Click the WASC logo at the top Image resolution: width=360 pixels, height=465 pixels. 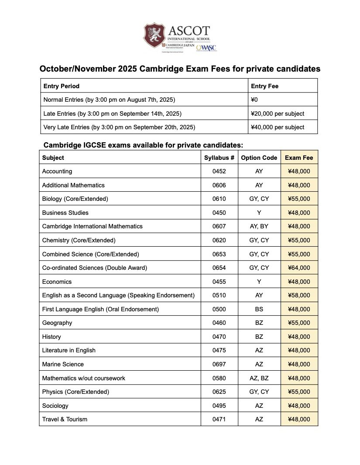206,47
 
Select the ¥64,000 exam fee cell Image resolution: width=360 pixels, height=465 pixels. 299,268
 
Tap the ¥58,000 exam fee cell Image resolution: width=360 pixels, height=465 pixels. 299,295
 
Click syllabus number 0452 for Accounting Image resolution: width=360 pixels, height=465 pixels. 219,171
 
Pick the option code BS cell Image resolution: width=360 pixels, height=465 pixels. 259,309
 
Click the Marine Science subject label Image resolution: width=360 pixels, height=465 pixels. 63,364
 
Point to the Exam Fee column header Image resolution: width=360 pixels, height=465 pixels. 299,158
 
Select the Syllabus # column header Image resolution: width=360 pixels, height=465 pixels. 219,158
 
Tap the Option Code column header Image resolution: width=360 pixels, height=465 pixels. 259,158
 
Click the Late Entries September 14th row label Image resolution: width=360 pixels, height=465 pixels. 113,114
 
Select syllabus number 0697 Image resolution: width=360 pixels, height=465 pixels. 219,364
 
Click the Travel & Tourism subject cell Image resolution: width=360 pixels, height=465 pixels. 65,419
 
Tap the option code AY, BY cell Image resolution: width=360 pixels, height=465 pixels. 259,226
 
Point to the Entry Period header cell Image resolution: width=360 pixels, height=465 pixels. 62,86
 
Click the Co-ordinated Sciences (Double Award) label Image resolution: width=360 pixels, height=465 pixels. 94,268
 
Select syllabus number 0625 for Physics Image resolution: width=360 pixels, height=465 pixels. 219,392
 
